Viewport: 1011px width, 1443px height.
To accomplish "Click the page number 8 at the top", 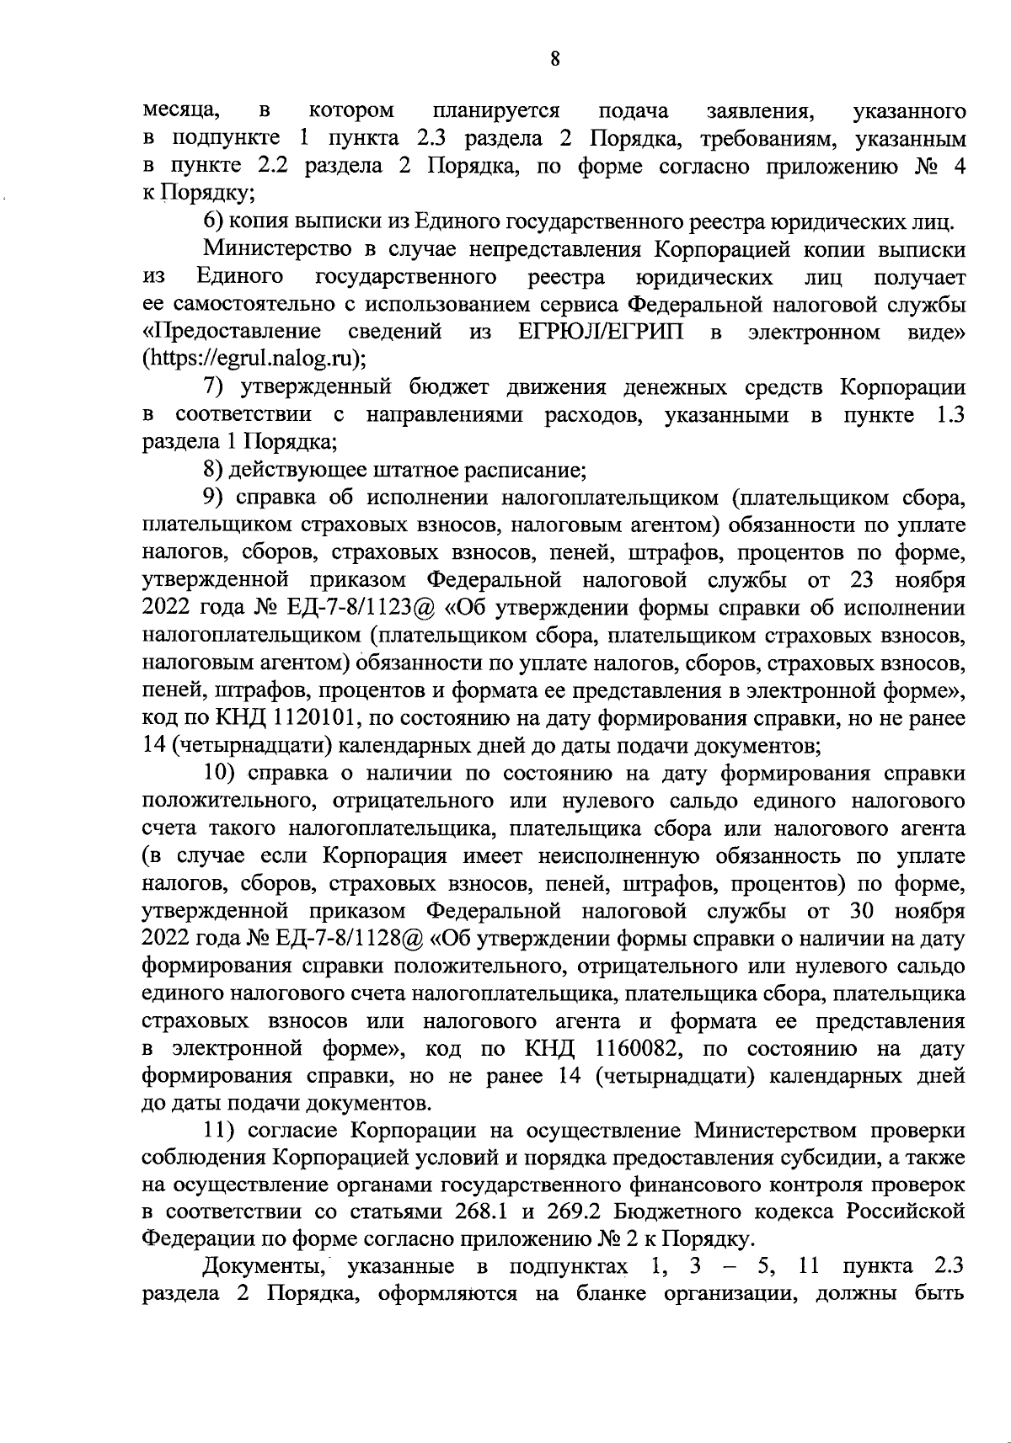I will click(554, 58).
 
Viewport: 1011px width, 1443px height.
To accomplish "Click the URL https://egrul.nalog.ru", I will click(253, 359).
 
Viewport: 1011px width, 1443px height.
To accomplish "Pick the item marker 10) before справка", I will click(220, 773).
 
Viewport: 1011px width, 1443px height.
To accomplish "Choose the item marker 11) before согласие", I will click(220, 1131).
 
